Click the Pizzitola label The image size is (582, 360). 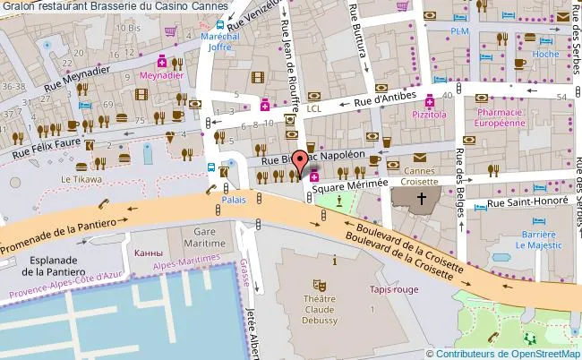point(429,115)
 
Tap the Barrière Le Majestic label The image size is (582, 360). point(538,236)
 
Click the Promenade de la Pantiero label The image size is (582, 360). point(58,234)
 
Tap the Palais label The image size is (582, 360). point(234,200)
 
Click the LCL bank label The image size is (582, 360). point(313,108)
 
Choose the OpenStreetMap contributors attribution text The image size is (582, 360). point(503,353)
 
